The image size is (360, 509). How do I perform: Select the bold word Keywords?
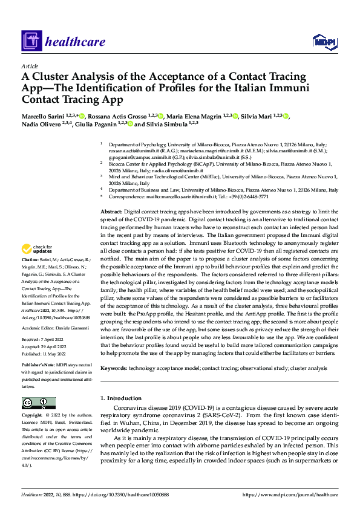coord(113,368)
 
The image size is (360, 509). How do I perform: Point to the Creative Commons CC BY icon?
coord(38,403)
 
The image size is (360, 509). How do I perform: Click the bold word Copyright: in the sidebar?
coord(32,415)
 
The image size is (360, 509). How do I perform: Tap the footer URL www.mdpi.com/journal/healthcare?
coord(290,494)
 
